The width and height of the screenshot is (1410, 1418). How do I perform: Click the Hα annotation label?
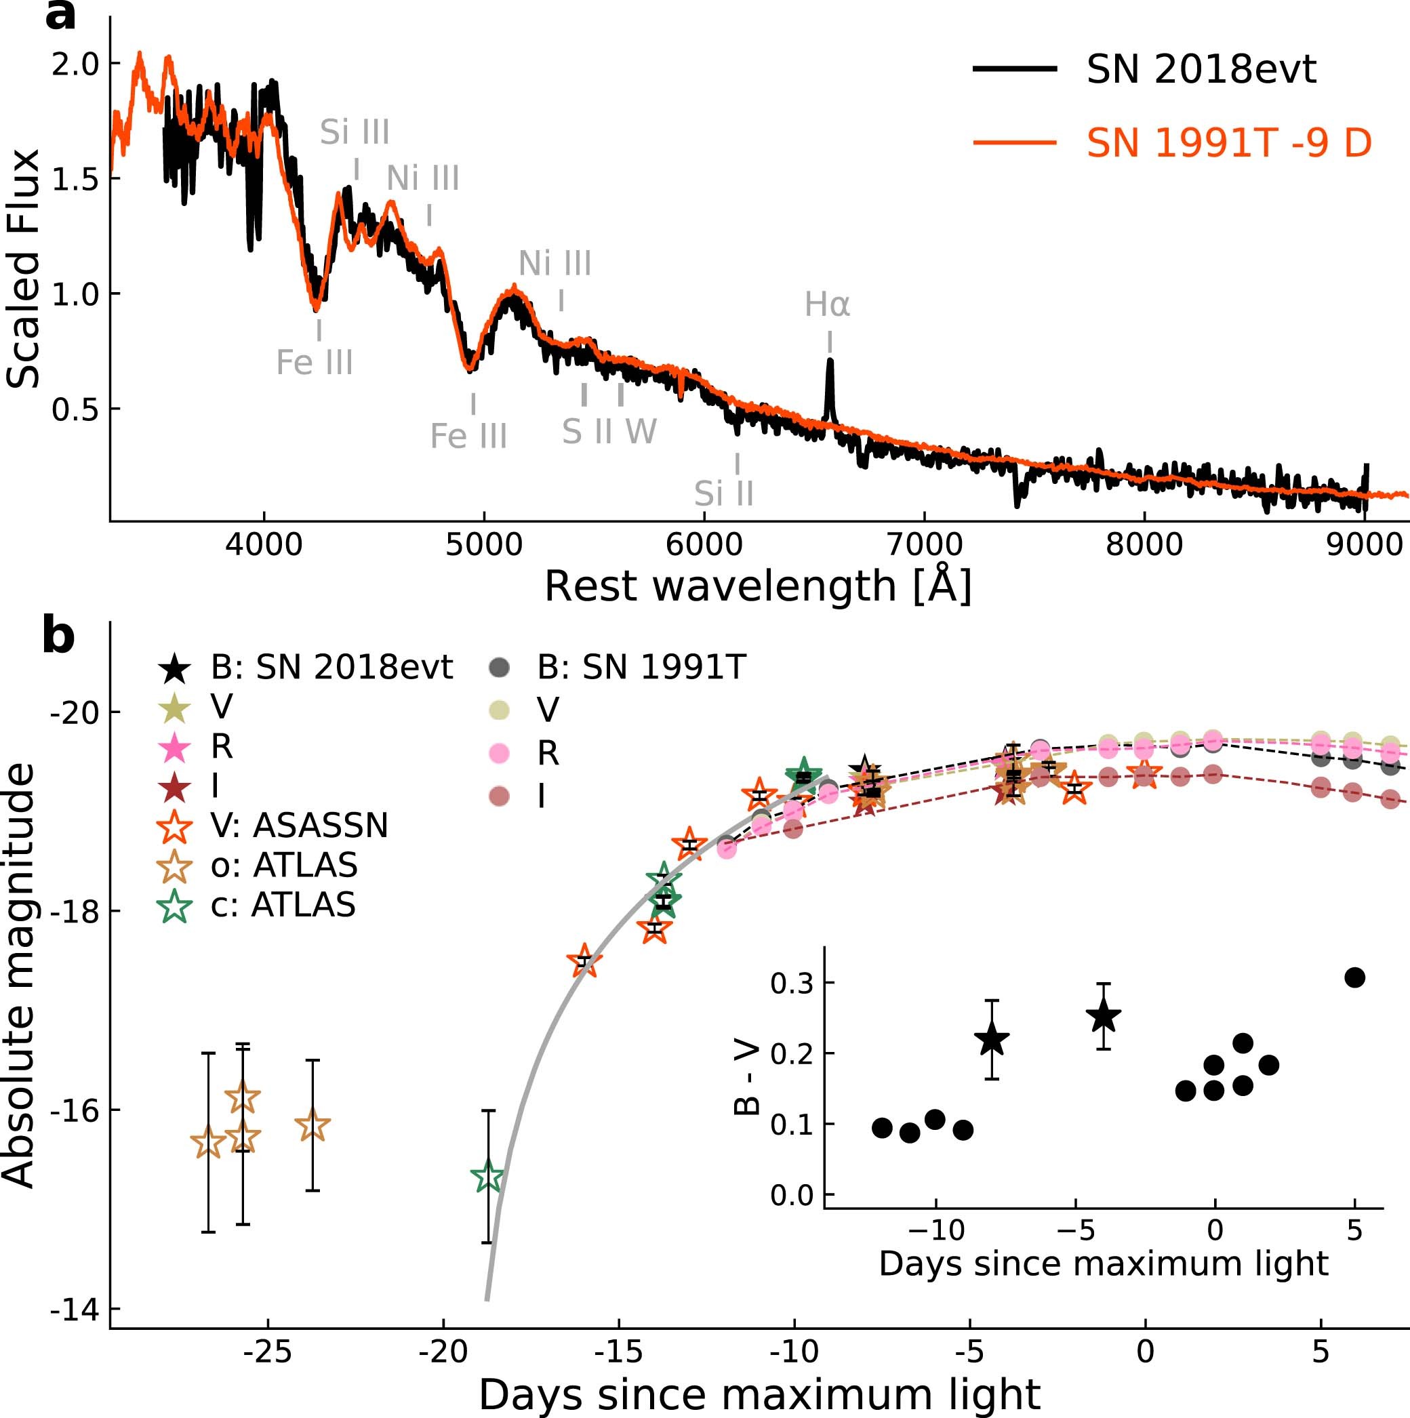pyautogui.click(x=827, y=304)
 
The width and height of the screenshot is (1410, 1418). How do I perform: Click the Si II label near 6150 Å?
pyautogui.click(x=724, y=494)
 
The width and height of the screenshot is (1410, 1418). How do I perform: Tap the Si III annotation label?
pyautogui.click(x=355, y=133)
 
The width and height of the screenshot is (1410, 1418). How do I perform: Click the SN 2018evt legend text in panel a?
pyautogui.click(x=1201, y=70)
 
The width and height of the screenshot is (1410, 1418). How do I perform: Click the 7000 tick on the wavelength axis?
pyautogui.click(x=924, y=544)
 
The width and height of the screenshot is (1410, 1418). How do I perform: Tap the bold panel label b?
pyautogui.click(x=59, y=636)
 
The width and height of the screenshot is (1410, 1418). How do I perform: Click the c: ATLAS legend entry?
pyautogui.click(x=283, y=905)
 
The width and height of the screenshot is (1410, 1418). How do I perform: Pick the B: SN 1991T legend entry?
pyautogui.click(x=641, y=667)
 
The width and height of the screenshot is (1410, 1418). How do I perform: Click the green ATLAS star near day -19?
pyautogui.click(x=487, y=1177)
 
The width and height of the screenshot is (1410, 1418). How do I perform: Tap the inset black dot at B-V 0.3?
pyautogui.click(x=1354, y=977)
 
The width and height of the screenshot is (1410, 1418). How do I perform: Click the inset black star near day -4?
pyautogui.click(x=1103, y=1017)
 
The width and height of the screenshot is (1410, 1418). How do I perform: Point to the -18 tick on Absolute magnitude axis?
pyautogui.click(x=73, y=911)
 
